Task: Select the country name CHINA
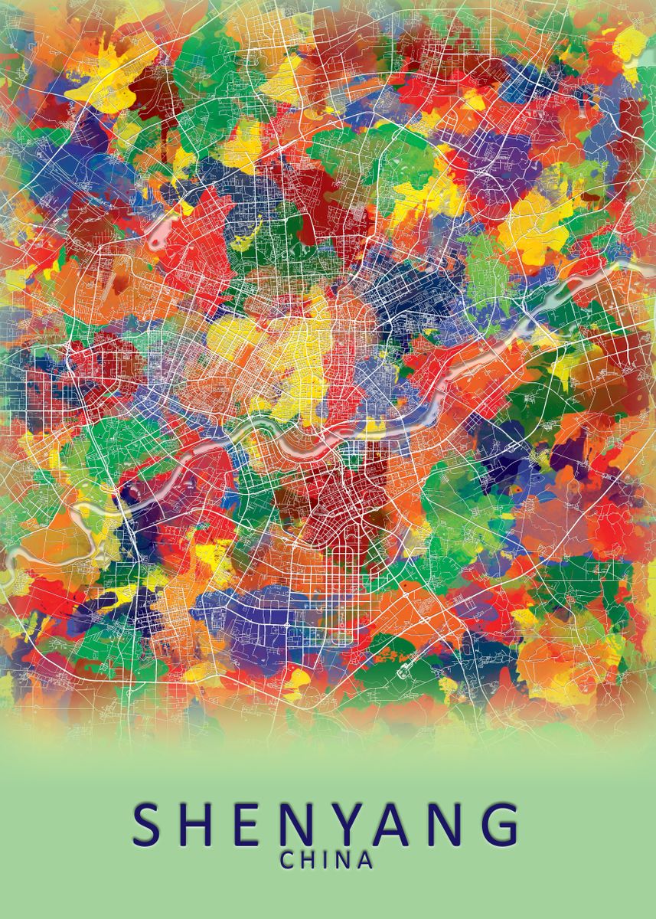[326, 860]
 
